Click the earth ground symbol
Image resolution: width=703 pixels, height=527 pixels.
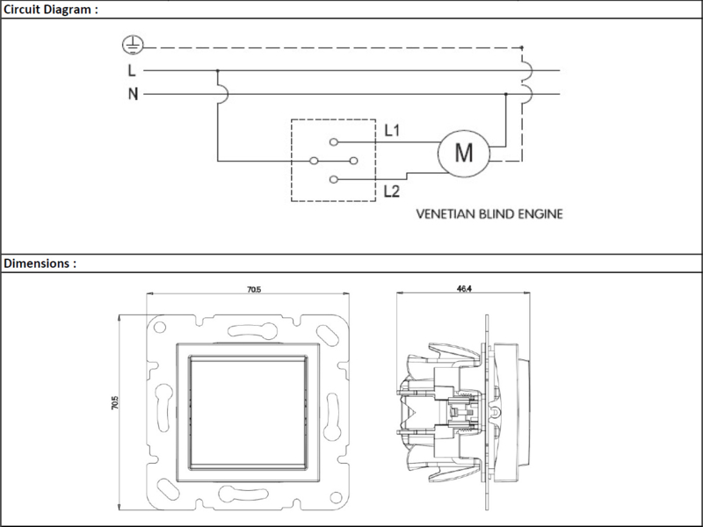click(134, 46)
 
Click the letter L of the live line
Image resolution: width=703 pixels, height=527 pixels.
click(132, 70)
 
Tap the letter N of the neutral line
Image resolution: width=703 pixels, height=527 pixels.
click(133, 94)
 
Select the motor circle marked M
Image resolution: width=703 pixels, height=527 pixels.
click(464, 153)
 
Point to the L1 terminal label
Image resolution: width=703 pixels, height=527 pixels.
click(392, 130)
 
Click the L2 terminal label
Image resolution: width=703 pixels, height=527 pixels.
click(391, 191)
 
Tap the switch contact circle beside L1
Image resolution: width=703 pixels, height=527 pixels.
click(334, 142)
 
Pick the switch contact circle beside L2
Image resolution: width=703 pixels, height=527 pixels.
click(333, 179)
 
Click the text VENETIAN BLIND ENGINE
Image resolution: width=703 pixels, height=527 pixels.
click(489, 214)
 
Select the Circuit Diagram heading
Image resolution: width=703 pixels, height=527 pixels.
click(51, 10)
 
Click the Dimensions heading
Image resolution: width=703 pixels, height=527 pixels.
click(40, 263)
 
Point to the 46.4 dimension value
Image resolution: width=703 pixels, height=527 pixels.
click(464, 289)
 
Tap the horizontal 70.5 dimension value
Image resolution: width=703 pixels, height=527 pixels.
click(254, 290)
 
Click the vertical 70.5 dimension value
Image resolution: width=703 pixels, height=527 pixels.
click(115, 402)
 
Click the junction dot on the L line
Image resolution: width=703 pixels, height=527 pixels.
click(217, 70)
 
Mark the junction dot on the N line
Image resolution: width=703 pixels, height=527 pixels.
click(506, 94)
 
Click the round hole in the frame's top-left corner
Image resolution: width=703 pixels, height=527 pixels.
click(160, 327)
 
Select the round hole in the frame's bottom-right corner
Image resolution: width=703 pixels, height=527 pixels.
click(336, 497)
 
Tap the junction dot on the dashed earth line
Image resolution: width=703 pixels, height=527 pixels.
click(521, 47)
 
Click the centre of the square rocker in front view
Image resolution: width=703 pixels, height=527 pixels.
click(248, 413)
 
